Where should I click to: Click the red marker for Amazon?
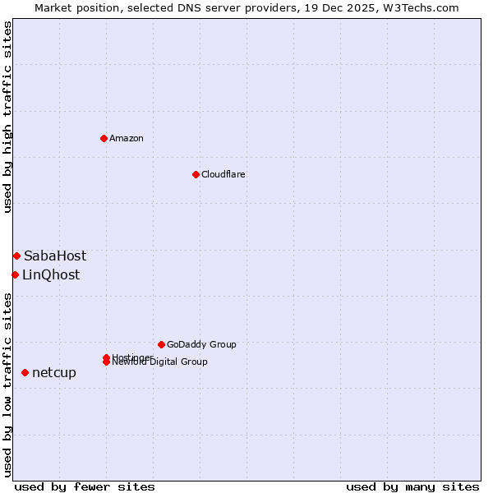point(104,138)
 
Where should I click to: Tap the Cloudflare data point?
point(196,174)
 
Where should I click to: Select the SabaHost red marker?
point(16,256)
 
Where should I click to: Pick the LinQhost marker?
point(15,274)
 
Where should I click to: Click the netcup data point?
point(25,373)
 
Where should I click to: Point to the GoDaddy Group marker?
point(161,344)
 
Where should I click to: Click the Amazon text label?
point(127,138)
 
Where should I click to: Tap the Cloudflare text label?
point(223,174)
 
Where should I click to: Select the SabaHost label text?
point(55,256)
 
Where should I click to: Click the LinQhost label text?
point(51,275)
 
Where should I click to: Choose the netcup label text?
point(54,373)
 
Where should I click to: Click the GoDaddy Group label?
point(201,344)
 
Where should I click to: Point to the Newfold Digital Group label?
point(160,362)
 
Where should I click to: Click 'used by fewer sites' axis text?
point(85,486)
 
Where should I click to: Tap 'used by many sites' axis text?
point(412,486)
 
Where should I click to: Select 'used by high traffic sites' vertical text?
point(7,117)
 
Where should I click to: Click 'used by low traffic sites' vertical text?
point(7,384)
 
